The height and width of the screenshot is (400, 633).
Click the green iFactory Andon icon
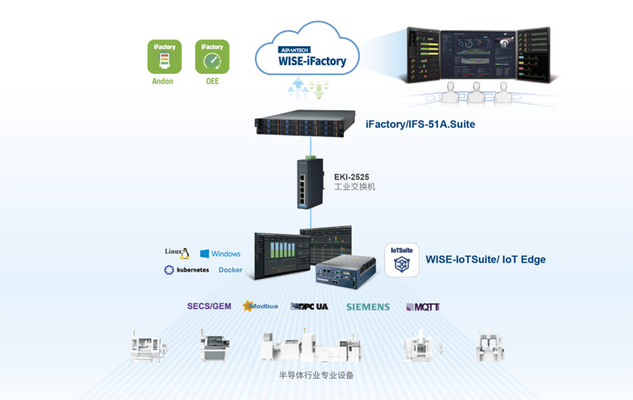(165, 57)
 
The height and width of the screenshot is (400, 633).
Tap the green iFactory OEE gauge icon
(212, 57)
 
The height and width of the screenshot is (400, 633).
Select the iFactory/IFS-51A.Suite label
(420, 124)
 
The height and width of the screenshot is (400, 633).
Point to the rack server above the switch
(305, 124)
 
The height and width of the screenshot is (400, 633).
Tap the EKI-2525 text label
(351, 177)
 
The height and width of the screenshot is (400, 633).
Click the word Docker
(230, 270)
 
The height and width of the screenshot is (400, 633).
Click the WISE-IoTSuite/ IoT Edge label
(485, 259)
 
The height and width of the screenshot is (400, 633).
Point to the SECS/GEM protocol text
(209, 306)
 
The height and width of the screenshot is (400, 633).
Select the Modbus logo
(260, 306)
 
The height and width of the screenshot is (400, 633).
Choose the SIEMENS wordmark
(368, 307)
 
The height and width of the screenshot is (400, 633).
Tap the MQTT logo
(423, 307)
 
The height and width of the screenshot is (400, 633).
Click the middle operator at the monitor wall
(476, 93)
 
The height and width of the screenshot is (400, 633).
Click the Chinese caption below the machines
(316, 375)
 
